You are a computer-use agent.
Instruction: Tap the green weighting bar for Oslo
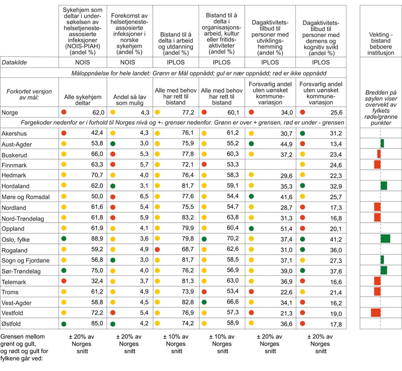tap(385, 239)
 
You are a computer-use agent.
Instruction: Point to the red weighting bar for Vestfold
tap(376, 312)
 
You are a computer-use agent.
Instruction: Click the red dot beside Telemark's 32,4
tap(64, 281)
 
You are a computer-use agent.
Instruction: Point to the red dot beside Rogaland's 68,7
tap(157, 249)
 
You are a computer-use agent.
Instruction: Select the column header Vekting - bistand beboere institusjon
tap(381, 43)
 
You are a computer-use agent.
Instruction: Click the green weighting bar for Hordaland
tap(384, 186)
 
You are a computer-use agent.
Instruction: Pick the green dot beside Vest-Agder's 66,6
tap(205, 302)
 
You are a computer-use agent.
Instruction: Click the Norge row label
tap(10, 112)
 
